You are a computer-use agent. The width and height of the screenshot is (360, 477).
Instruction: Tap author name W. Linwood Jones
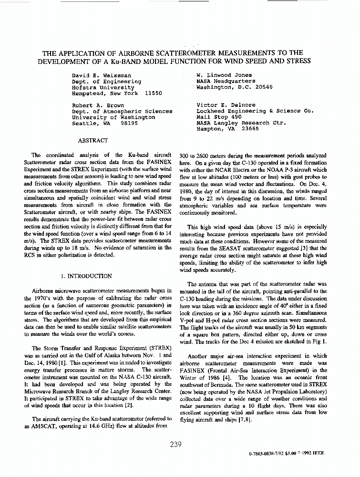pos(224,75)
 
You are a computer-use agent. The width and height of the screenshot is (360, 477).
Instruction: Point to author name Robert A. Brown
pos(98,105)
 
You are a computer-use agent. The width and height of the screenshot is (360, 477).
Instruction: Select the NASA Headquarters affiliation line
pos(225,82)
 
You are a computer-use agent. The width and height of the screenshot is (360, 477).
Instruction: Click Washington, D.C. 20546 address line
pos(235,88)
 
